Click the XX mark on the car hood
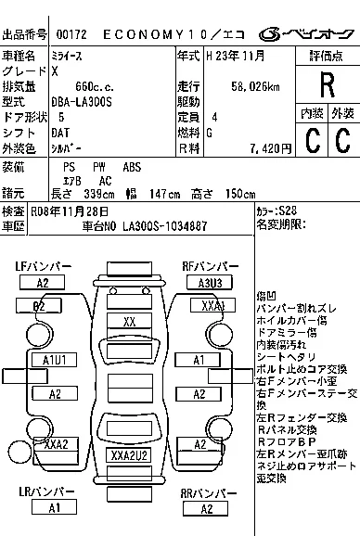129,321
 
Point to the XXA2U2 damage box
129,455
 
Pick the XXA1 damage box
212,305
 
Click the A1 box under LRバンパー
55,507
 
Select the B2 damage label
39,305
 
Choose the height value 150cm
236,194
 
